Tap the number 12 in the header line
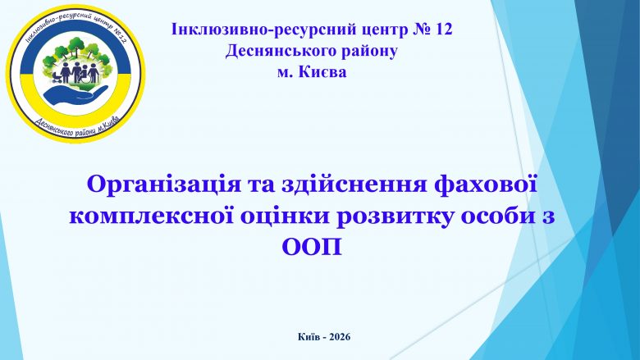coord(444,30)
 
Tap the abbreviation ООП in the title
coord(313,247)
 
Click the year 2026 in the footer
coord(340,337)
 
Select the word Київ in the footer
coord(307,337)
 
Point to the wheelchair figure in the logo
coord(85,75)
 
